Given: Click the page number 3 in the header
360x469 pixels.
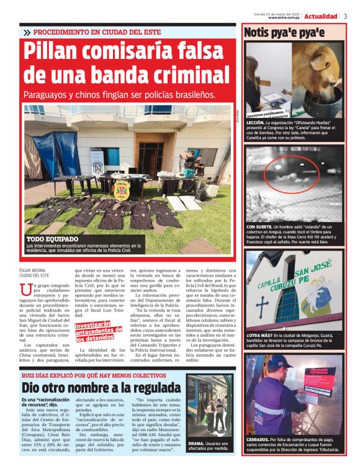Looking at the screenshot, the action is point(345,16).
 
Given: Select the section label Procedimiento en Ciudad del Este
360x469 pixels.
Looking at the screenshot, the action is point(96,32).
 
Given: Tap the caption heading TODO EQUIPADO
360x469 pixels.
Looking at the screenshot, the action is point(52,239).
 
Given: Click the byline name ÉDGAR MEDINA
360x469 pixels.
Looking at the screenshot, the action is point(35,270).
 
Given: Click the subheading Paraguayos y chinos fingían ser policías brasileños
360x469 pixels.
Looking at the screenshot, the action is point(119,95).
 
